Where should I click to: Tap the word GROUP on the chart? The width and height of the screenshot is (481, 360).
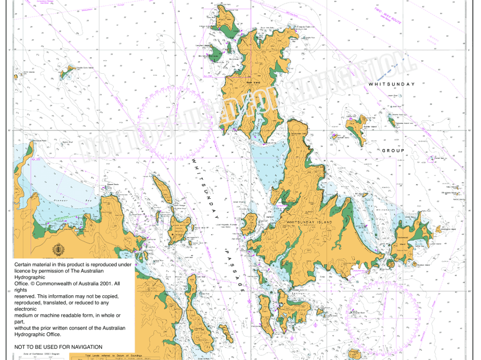point(393,151)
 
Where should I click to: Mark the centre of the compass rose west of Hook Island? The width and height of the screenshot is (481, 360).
point(175,124)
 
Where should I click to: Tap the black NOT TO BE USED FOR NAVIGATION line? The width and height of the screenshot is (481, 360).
point(58,347)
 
